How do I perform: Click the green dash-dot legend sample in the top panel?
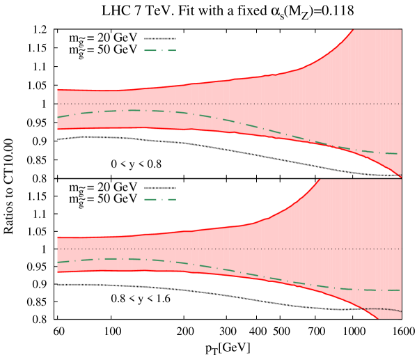tap(160, 50)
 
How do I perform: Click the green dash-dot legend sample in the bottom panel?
tap(160, 199)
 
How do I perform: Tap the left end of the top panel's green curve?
tap(58, 117)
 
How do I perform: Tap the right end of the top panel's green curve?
tap(398, 154)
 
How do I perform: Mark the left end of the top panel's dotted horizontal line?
tap(58, 104)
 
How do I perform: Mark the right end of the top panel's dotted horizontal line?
tap(401, 104)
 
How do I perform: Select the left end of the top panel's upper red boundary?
tap(58, 90)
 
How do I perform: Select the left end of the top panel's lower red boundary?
tap(58, 130)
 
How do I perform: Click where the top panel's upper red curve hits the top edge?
tap(353, 30)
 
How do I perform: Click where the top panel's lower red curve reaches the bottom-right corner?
tap(401, 177)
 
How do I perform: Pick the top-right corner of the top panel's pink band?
tap(401, 30)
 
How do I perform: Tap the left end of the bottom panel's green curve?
tap(58, 263)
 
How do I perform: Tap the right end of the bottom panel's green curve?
tap(400, 290)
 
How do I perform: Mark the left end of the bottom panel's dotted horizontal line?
tap(58, 249)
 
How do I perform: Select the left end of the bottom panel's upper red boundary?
tap(58, 237)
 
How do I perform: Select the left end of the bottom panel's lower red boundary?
tap(58, 272)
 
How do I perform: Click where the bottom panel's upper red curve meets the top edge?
tap(320, 180)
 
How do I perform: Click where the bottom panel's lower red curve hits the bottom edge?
tap(377, 318)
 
